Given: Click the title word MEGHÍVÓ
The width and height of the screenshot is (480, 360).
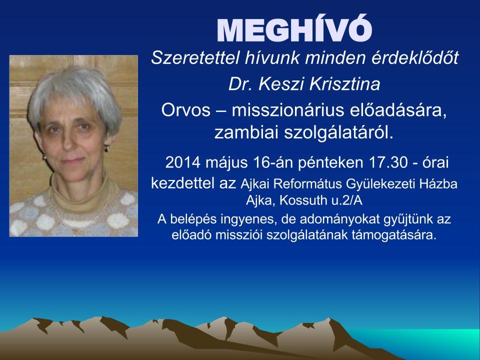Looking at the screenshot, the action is tap(294, 28).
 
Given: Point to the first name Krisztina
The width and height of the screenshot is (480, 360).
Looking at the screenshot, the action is tap(344, 84).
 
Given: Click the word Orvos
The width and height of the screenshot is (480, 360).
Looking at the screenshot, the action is tap(186, 110).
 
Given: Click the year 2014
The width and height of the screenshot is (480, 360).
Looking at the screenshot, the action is tap(183, 162).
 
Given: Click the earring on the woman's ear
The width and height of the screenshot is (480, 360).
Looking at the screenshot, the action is tap(106, 149).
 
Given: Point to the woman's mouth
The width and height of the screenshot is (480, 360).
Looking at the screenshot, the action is tap(72, 160).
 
